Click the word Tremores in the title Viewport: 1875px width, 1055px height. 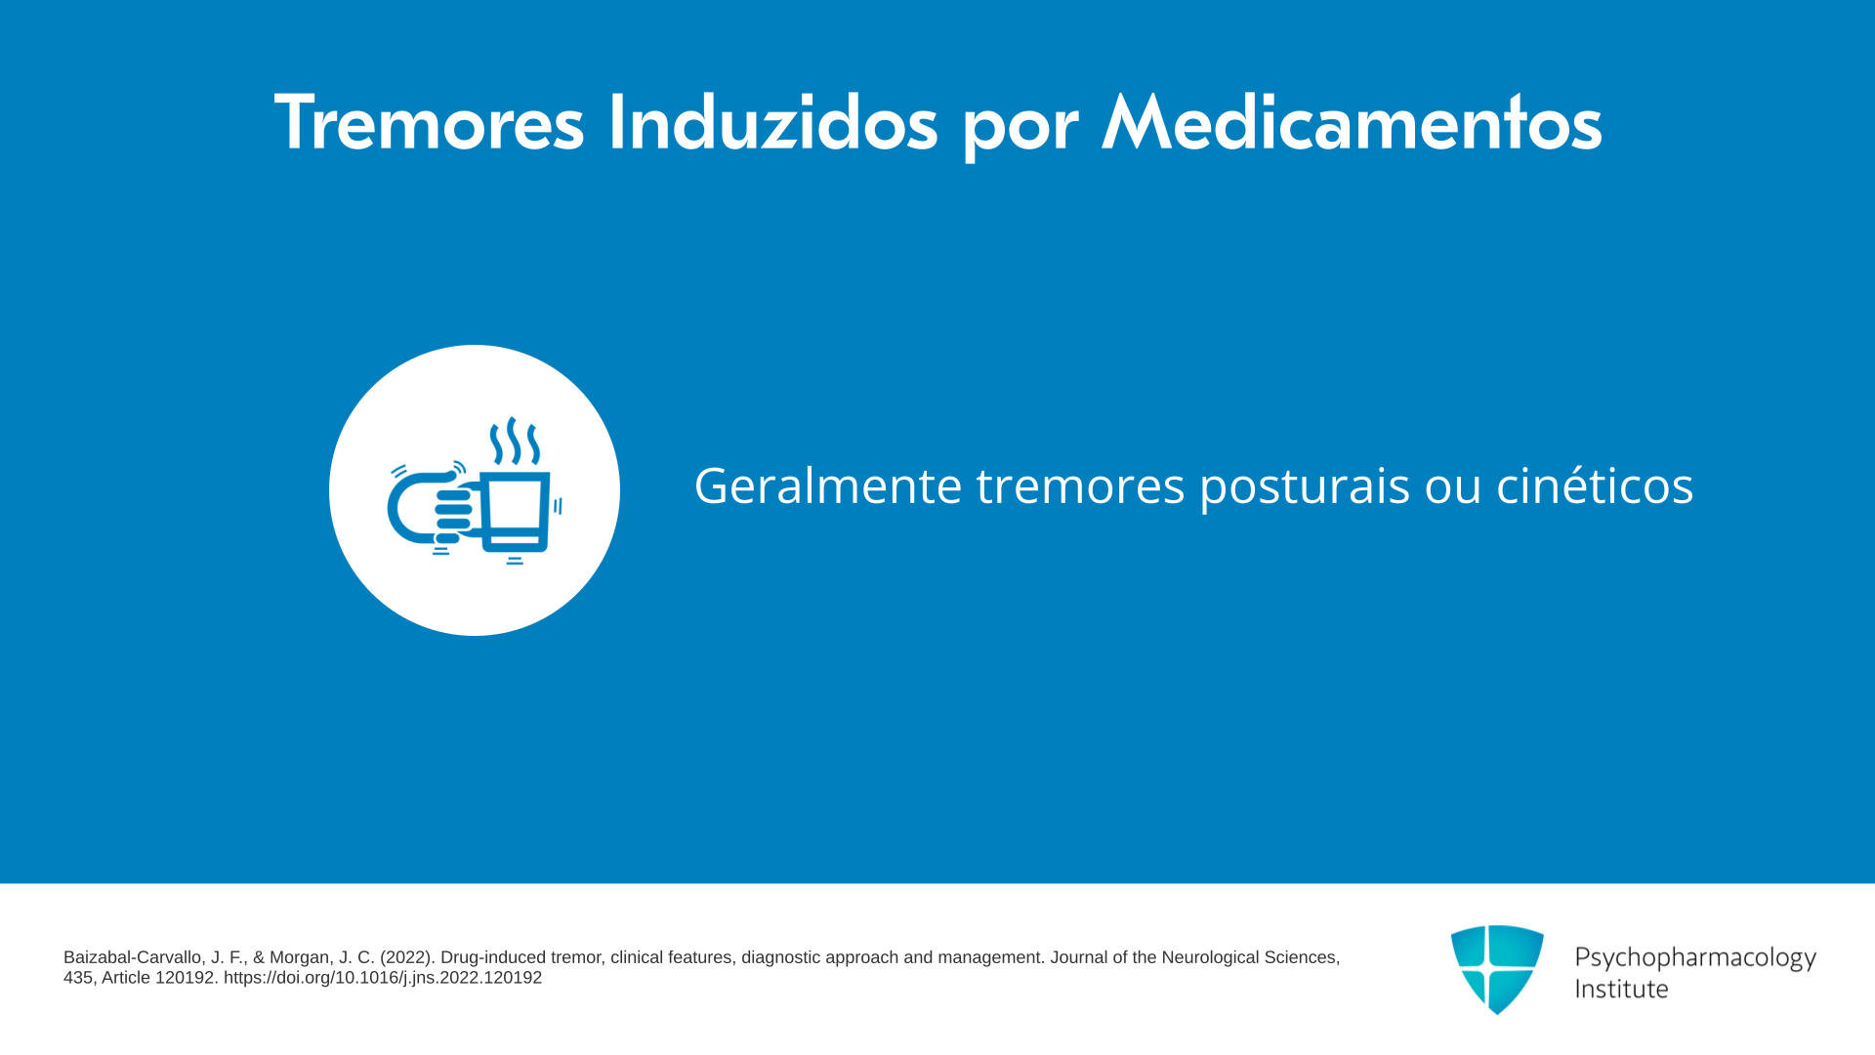point(429,123)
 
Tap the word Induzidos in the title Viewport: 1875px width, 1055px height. point(772,123)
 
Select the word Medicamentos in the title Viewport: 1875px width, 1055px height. point(1352,123)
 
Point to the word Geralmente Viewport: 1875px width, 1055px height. point(828,485)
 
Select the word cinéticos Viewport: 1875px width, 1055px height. point(1595,485)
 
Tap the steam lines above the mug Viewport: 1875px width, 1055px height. point(515,442)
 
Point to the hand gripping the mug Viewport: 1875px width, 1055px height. point(434,507)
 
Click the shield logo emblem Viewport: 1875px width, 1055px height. point(1497,969)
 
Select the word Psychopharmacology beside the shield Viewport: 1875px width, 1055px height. point(1695,957)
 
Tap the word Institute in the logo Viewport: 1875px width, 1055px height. point(1622,989)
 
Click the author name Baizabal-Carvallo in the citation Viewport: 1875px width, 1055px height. point(136,957)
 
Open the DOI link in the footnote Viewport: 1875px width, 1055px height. point(383,978)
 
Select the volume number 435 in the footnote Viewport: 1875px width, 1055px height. point(78,978)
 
